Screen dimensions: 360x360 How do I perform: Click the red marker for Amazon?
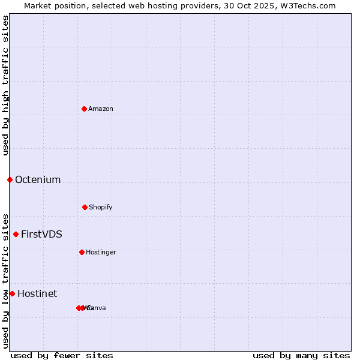point(84,109)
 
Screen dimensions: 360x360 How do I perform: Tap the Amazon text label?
point(100,109)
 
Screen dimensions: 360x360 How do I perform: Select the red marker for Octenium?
point(10,179)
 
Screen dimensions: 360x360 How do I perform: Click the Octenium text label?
point(38,179)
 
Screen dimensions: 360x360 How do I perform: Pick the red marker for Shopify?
point(85,207)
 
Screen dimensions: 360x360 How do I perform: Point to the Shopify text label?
point(100,207)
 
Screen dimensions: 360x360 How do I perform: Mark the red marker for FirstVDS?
point(16,234)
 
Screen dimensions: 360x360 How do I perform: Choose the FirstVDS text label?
point(41,234)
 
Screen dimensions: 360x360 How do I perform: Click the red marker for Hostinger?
point(82,252)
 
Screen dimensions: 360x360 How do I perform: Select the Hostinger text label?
point(101,252)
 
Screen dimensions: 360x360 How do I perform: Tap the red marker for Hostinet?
point(12,293)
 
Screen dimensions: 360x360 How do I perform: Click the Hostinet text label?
point(37,293)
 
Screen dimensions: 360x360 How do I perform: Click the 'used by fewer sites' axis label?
point(62,355)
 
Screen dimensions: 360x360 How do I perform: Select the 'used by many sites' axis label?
point(301,355)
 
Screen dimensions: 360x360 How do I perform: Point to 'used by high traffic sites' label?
point(5,85)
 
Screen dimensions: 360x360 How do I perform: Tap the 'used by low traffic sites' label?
point(5,281)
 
